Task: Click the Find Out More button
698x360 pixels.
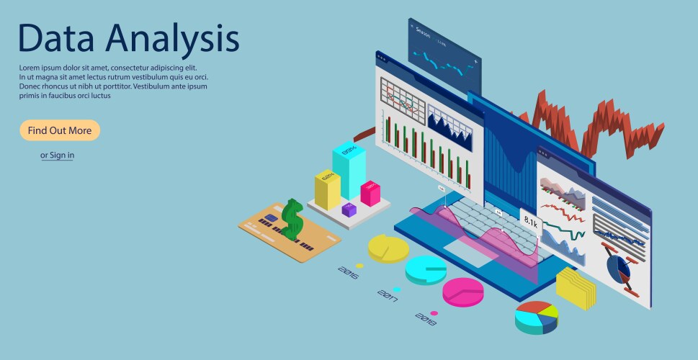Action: [60, 130]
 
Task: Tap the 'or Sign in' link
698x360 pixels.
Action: [58, 155]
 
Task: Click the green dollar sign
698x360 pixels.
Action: [292, 219]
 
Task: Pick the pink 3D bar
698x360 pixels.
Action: [370, 193]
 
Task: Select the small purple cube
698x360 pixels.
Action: [349, 210]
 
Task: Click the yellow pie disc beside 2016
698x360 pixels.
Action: [388, 247]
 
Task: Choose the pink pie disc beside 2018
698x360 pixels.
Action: [462, 292]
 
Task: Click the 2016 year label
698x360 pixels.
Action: [348, 271]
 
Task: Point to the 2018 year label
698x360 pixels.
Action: [426, 318]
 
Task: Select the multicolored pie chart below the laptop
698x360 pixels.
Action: [537, 318]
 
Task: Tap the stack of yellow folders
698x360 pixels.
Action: [576, 287]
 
